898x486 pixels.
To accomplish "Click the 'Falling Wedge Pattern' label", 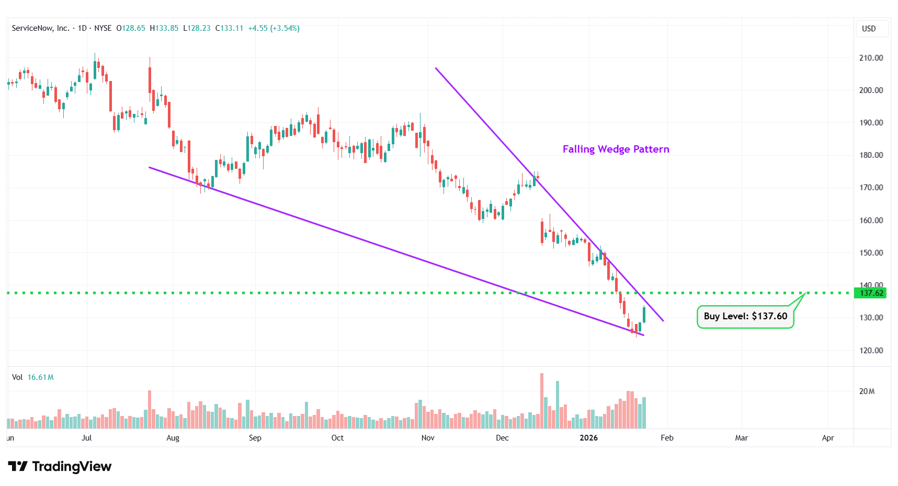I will click(616, 149).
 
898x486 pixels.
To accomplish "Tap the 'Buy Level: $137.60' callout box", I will click(745, 317).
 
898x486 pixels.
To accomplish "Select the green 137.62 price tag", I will click(871, 293).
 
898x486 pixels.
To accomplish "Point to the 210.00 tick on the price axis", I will click(871, 58).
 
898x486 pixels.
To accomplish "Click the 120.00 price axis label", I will click(871, 351).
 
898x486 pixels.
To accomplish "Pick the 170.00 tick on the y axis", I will click(871, 188).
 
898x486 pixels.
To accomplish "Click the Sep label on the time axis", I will click(255, 438).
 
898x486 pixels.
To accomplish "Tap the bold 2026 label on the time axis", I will click(588, 438).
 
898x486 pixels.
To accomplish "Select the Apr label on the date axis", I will click(827, 438).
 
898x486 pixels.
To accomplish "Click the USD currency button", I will click(869, 29).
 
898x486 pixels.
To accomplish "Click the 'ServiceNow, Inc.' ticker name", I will click(40, 28).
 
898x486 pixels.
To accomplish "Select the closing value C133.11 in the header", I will click(230, 28).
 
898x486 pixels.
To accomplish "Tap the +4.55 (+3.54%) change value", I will click(274, 28).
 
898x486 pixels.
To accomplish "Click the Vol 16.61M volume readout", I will click(33, 377).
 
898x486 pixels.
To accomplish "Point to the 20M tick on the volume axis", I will click(867, 391).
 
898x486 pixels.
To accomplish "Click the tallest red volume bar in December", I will click(542, 401).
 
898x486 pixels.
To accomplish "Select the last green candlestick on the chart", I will click(644, 315).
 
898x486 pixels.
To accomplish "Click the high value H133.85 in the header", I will click(164, 28).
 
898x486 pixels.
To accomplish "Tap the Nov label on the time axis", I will click(428, 438).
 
